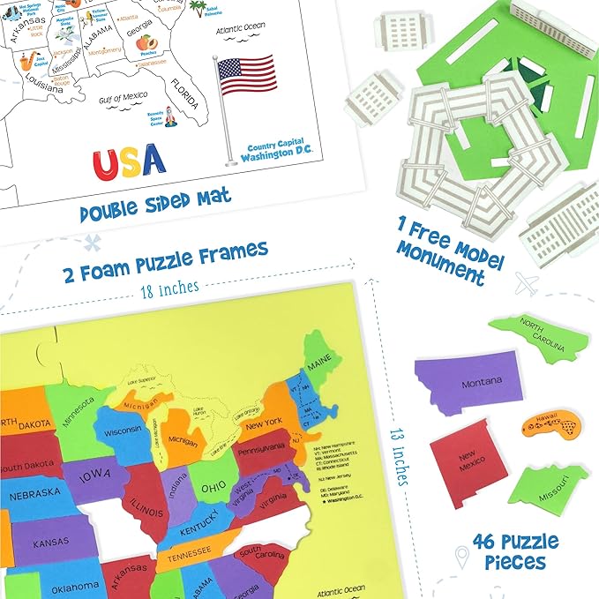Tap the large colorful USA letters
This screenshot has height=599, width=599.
(129, 160)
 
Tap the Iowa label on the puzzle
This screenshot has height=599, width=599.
(95, 478)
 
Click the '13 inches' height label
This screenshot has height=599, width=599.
(398, 452)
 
